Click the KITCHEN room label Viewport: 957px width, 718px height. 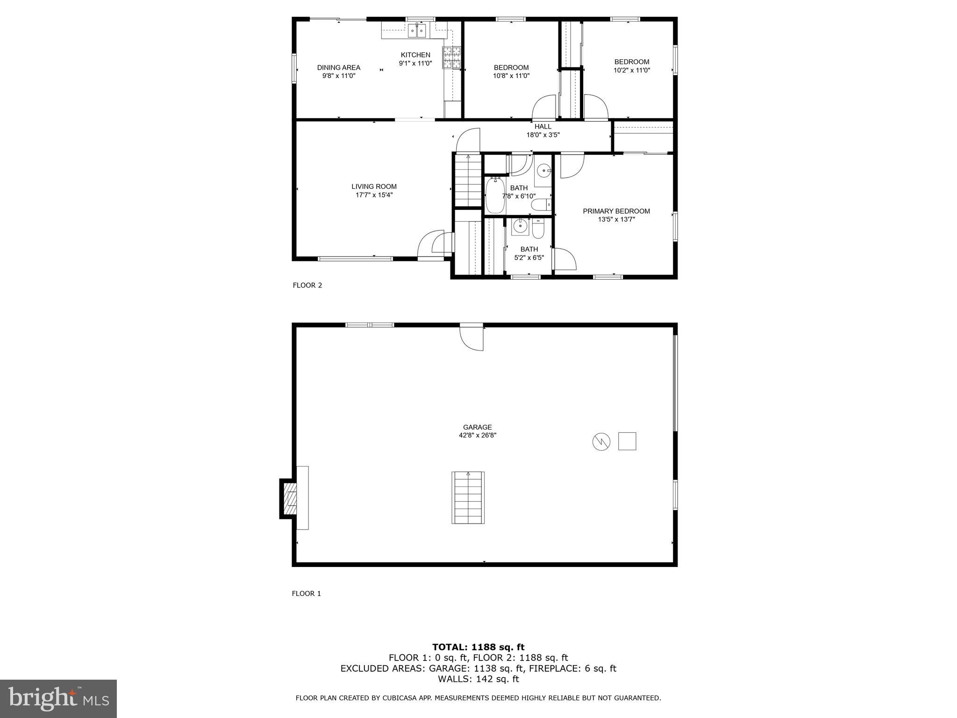coord(415,55)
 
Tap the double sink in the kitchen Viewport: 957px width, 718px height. coord(417,31)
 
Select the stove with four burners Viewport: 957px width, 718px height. coord(451,58)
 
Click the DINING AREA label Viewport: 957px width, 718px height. coord(338,68)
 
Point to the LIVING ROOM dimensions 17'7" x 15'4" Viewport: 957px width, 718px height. coord(374,195)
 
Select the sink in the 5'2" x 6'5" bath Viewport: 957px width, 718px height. coord(520,227)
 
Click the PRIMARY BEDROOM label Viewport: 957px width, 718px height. coord(616,211)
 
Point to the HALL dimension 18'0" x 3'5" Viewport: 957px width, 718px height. coord(543,135)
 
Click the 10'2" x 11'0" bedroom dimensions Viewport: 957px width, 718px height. coord(631,71)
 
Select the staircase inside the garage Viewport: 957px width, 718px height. coord(468,497)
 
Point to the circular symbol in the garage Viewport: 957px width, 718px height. coord(601,441)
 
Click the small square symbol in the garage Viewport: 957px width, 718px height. coord(627,441)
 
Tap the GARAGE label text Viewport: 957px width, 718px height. coord(477,427)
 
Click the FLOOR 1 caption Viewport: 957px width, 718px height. coord(306,594)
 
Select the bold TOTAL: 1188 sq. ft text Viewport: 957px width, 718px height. coord(478,647)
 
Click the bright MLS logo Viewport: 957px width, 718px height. coord(58,699)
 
